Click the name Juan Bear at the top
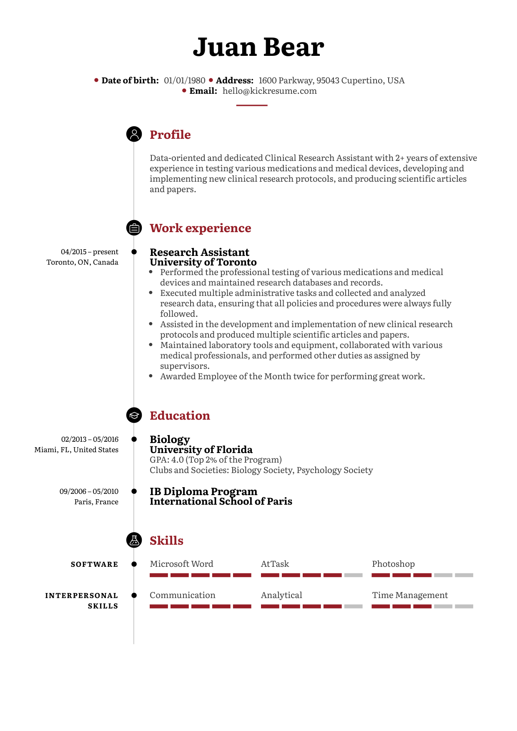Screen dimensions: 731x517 258,47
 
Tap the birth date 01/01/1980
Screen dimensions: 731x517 184,80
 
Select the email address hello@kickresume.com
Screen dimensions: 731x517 269,91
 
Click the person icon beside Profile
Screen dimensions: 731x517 134,134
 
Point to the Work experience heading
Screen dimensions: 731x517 200,228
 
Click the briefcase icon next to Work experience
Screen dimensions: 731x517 134,228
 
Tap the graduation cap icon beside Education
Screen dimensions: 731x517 134,416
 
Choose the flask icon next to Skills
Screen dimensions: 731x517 134,540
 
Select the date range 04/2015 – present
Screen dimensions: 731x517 90,252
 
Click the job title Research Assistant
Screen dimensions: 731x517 199,252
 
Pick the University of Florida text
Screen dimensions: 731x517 201,450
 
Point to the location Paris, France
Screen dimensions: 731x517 96,502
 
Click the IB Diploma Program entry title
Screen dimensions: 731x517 203,491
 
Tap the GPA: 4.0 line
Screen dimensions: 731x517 216,460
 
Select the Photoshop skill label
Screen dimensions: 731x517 393,564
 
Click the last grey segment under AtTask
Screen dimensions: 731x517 354,575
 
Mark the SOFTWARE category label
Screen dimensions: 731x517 95,564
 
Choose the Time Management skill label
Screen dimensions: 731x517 410,595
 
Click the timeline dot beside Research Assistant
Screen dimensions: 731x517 134,252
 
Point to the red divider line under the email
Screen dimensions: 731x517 251,105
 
